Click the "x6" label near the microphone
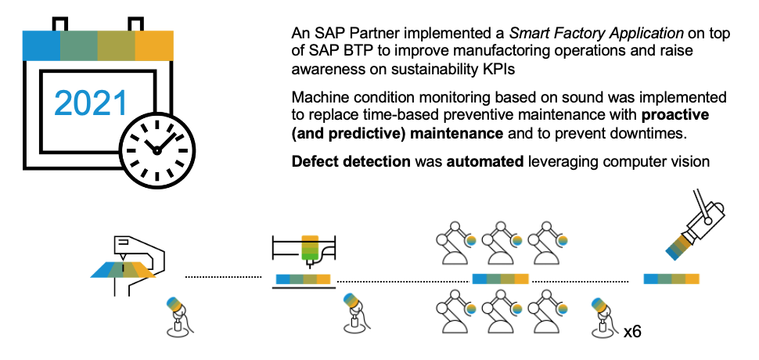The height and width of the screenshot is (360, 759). click(632, 332)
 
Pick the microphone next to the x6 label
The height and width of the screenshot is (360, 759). click(601, 315)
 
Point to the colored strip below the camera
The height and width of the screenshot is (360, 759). click(671, 279)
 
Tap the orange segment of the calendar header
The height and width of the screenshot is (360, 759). click(153, 46)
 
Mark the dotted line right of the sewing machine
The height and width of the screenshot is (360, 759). click(223, 276)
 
